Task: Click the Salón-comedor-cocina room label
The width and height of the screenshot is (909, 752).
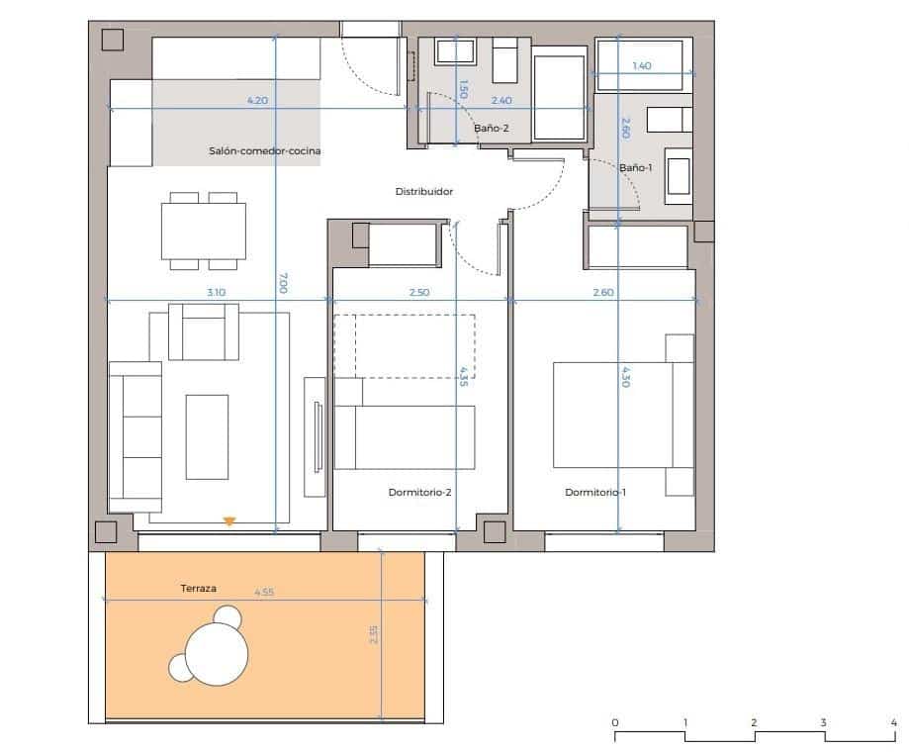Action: (265, 151)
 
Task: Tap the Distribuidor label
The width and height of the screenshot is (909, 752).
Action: (423, 192)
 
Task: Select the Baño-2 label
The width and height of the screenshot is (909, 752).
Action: (492, 129)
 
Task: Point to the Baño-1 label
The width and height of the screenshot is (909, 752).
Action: (636, 168)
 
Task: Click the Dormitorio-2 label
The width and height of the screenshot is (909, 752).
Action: (419, 492)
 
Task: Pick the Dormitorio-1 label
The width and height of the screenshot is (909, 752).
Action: (595, 492)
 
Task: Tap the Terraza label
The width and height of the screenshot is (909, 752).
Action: (198, 588)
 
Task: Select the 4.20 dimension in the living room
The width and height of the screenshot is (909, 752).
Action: (257, 100)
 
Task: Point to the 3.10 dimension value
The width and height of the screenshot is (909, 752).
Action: (217, 292)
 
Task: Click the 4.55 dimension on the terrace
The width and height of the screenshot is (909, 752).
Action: (264, 592)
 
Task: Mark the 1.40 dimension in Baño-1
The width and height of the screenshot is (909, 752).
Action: (641, 66)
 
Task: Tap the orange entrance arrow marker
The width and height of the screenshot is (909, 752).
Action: (229, 520)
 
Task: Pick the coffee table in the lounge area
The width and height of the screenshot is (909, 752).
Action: (207, 436)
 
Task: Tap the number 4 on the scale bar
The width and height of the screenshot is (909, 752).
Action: (893, 722)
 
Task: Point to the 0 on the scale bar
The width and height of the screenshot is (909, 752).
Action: (615, 722)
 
